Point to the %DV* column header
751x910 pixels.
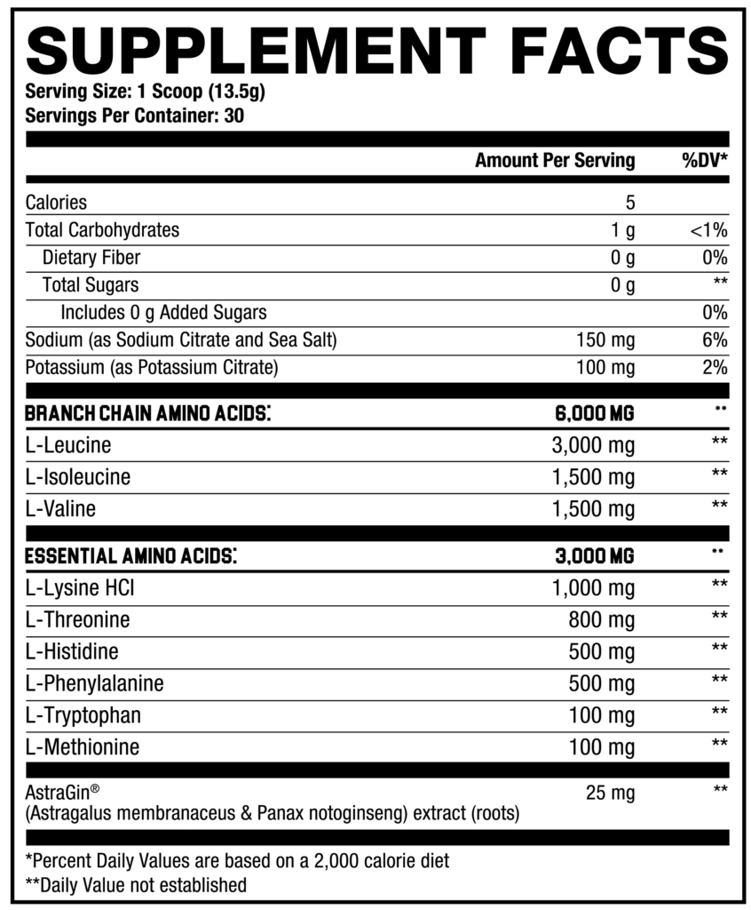pos(704,161)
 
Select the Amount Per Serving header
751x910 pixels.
pos(555,161)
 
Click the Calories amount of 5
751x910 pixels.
pos(629,203)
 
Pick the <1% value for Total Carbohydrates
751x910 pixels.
pos(708,230)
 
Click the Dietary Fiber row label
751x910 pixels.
pos(91,258)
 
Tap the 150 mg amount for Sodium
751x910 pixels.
pos(604,340)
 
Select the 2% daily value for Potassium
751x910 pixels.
pos(714,368)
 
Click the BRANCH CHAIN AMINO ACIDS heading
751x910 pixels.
pos(147,413)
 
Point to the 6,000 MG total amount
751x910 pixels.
pos(593,413)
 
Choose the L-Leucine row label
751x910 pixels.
pos(68,446)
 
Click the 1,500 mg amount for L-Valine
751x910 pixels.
pos(594,509)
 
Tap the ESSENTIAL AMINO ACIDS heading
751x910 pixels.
pos(130,556)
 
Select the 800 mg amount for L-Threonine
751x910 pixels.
pos(602,619)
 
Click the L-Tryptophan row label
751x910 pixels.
pos(83,714)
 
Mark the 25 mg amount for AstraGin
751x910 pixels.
pos(611,792)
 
